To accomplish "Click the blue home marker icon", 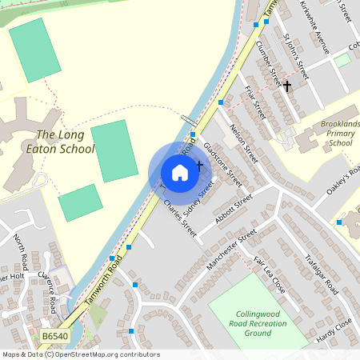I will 179,172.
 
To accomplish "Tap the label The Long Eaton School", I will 66,142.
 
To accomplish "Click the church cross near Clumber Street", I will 287,85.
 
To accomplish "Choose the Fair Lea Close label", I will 268,274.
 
